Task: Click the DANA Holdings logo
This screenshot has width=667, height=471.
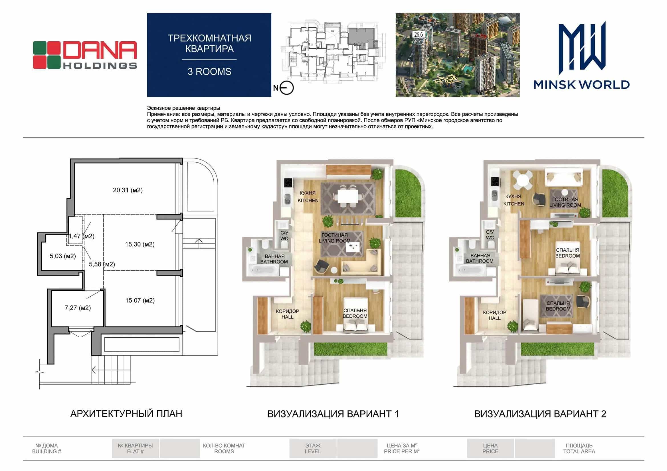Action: pyautogui.click(x=85, y=55)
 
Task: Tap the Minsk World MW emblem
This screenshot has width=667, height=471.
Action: pyautogui.click(x=582, y=48)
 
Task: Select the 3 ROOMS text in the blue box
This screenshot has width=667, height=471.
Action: pyautogui.click(x=209, y=72)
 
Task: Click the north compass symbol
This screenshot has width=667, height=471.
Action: pyautogui.click(x=286, y=88)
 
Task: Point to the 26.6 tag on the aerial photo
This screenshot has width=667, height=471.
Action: pyautogui.click(x=419, y=34)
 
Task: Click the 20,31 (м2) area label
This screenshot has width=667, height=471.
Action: pyautogui.click(x=128, y=190)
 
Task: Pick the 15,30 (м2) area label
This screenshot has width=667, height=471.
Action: pyautogui.click(x=140, y=244)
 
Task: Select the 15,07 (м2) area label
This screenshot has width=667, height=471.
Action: pyautogui.click(x=140, y=300)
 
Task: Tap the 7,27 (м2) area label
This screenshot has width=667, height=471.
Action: pyautogui.click(x=78, y=308)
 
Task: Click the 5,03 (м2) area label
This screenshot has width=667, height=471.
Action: pyautogui.click(x=63, y=256)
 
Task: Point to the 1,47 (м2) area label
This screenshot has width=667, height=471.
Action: pyautogui.click(x=81, y=236)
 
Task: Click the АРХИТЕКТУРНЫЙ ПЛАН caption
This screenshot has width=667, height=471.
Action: pyautogui.click(x=126, y=414)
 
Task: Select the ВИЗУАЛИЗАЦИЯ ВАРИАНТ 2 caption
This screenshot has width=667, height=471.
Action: pyautogui.click(x=540, y=414)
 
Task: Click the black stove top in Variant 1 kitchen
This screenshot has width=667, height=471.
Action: pyautogui.click(x=288, y=183)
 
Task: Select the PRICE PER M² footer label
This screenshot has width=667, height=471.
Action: pyautogui.click(x=401, y=451)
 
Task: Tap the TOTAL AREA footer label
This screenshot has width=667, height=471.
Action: pyautogui.click(x=579, y=451)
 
